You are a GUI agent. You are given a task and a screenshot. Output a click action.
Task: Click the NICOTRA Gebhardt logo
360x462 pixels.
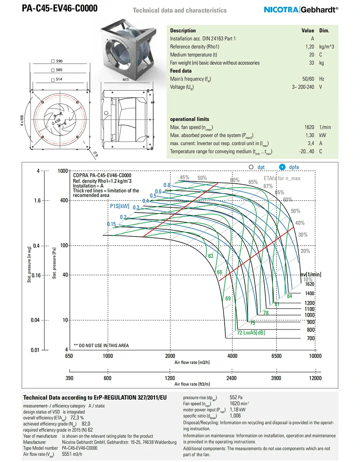[301, 10]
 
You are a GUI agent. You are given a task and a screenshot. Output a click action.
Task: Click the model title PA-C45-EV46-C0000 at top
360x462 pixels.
[60, 8]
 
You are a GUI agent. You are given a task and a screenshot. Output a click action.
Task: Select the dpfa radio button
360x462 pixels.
[282, 167]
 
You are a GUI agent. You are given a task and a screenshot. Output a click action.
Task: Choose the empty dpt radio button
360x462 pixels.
[251, 167]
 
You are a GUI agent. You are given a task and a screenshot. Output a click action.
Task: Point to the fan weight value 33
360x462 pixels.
[311, 63]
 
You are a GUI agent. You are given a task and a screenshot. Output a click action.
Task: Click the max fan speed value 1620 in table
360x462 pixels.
[309, 127]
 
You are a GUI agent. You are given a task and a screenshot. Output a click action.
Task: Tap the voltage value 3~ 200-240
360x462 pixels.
[303, 87]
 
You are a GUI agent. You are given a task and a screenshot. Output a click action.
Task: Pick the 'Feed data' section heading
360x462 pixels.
[181, 71]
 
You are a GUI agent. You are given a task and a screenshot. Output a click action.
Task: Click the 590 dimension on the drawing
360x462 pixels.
[59, 61]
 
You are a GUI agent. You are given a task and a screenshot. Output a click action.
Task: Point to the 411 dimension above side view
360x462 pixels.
[126, 80]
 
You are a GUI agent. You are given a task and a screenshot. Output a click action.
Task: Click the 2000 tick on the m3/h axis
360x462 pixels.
[170, 356]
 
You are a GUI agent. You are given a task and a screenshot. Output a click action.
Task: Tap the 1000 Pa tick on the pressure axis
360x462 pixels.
[63, 171]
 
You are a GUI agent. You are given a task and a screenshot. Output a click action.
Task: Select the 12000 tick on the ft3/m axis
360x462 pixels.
[315, 378]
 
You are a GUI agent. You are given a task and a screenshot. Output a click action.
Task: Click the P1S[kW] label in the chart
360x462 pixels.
[120, 206]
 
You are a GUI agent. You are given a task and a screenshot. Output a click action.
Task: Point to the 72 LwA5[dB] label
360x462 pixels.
[251, 333]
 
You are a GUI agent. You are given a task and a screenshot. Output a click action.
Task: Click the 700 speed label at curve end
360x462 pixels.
[311, 338]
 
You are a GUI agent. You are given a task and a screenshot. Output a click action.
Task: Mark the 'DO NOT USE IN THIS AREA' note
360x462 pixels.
[101, 346]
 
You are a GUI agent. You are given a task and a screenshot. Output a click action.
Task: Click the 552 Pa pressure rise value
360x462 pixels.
[236, 398]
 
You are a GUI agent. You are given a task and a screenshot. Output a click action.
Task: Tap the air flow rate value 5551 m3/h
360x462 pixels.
[72, 454]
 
